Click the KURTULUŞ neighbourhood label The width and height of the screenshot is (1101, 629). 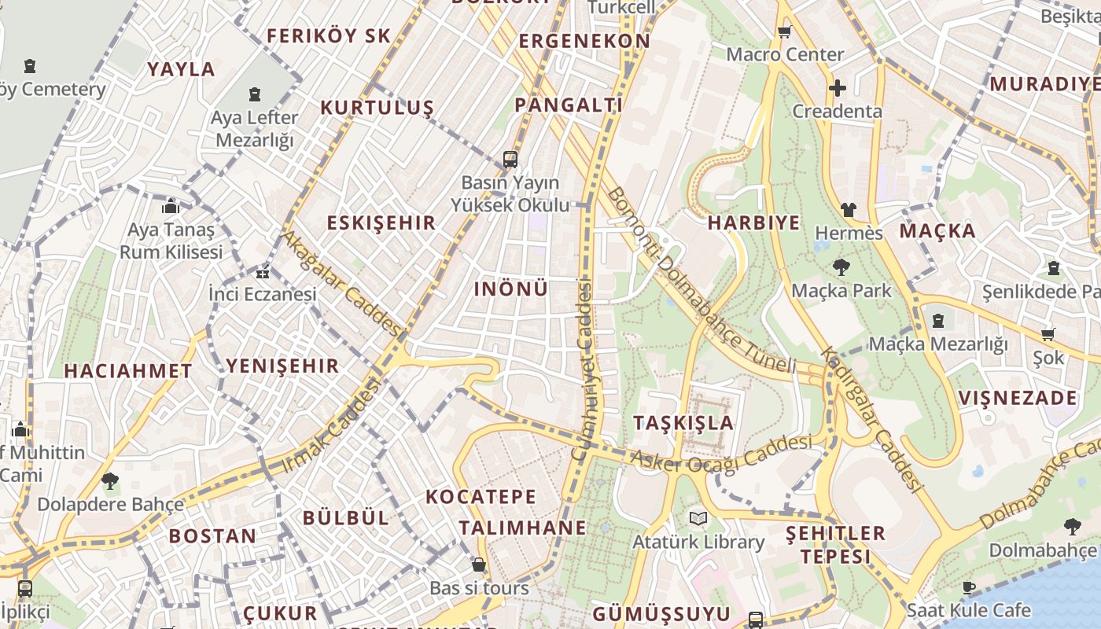coord(377,108)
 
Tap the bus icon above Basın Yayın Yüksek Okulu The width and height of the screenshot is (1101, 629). coord(510,160)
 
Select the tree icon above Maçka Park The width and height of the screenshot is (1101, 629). coord(841,267)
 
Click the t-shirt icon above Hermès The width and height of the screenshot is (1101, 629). coord(849,210)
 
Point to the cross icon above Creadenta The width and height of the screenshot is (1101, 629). coord(838,87)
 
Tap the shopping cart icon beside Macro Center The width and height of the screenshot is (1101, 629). coord(784,32)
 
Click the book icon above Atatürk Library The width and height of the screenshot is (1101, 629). coord(698,518)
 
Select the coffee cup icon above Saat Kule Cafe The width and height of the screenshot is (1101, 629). coord(969,587)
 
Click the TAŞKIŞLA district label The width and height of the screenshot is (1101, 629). coord(683,423)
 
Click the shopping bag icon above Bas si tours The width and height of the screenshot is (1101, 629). coord(479,565)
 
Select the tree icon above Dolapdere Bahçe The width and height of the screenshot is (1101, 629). coord(110,480)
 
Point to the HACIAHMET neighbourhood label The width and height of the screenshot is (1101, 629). coord(128,371)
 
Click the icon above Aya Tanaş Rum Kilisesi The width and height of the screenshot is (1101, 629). coord(171,208)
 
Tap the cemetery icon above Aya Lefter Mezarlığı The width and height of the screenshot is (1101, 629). coord(255,95)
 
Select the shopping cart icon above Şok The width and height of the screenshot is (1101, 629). coord(1048,334)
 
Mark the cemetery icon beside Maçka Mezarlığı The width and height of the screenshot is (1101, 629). coord(938,321)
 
